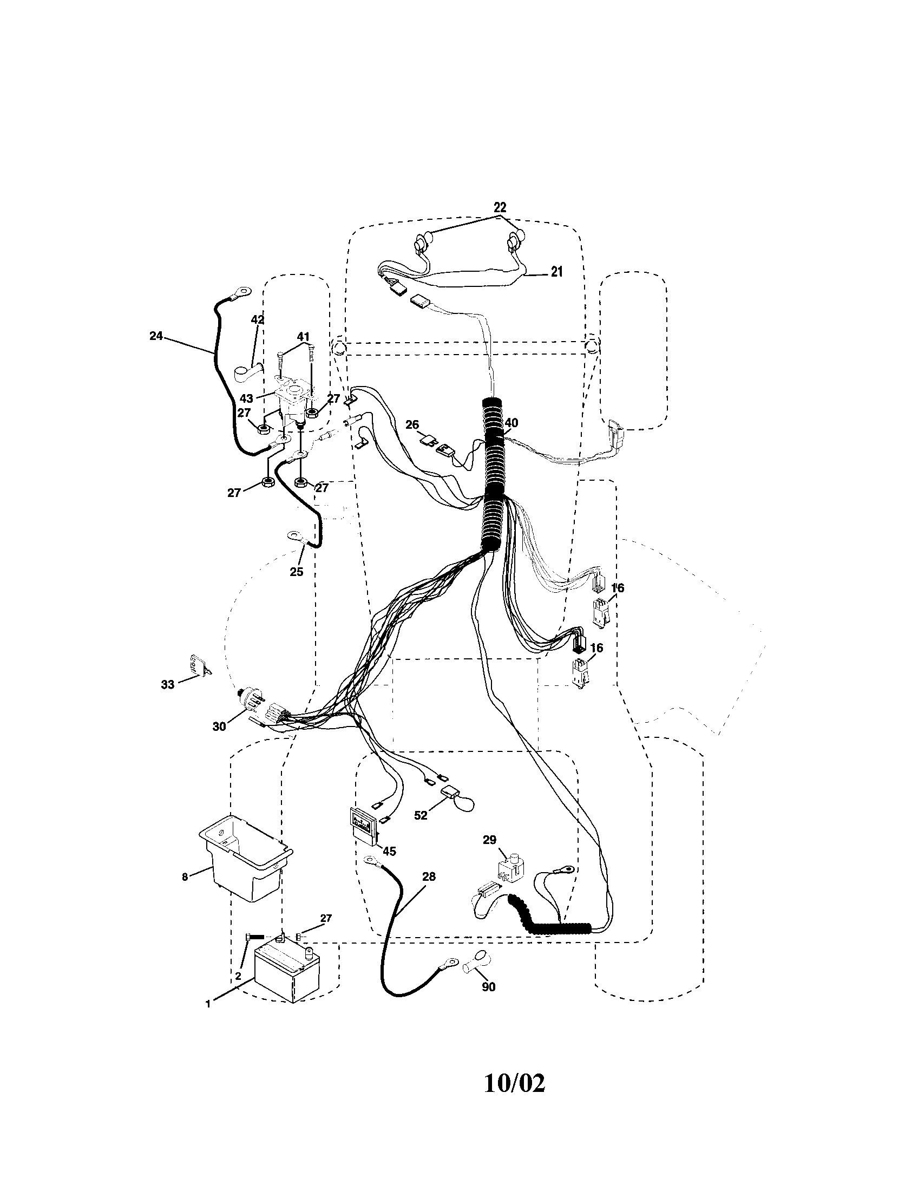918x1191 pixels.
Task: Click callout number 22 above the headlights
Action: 500,207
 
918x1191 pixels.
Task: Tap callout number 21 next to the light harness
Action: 556,272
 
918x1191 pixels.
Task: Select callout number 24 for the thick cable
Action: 156,337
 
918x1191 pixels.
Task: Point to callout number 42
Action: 257,320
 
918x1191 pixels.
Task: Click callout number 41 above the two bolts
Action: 303,337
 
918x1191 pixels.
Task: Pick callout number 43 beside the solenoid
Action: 246,398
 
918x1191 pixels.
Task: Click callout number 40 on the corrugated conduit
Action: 511,423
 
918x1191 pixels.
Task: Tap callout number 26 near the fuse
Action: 412,424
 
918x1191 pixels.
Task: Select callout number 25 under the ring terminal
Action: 296,572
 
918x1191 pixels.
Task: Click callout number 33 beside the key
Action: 167,684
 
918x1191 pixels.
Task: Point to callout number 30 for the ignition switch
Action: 219,727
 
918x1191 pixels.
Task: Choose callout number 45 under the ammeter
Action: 389,851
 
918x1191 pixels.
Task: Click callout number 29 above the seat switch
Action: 489,840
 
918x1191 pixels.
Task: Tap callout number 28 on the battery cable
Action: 429,877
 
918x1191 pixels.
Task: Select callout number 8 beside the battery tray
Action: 185,876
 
